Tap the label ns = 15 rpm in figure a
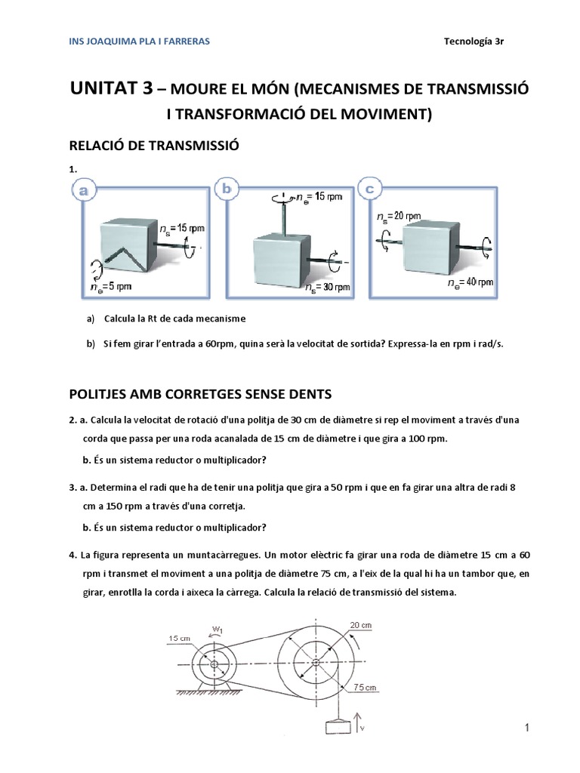[182, 227]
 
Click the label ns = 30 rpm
[328, 288]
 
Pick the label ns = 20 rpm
[399, 216]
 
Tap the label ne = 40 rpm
[470, 282]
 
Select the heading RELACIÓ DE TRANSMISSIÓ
[154, 145]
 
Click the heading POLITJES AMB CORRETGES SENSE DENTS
[200, 394]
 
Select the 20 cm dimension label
[360, 624]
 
